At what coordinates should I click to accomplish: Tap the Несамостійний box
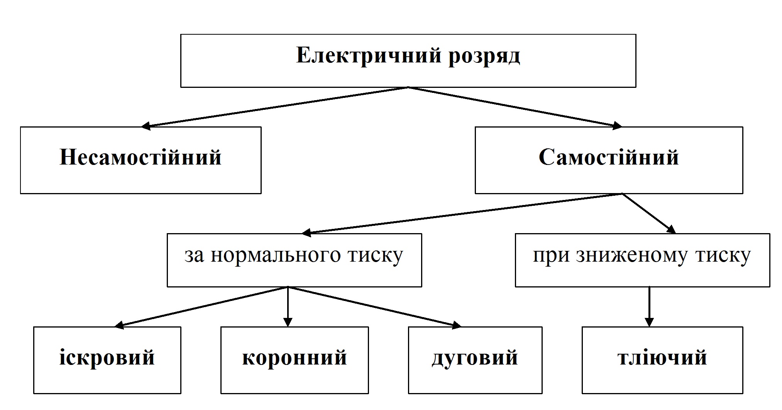click(140, 160)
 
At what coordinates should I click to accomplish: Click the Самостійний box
click(609, 160)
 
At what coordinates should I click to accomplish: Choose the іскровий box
click(107, 360)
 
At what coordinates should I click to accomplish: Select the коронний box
click(295, 360)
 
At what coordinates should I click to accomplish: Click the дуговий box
click(475, 360)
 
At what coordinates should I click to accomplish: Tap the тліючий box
click(662, 360)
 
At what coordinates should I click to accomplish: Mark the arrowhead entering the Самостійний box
click(616, 125)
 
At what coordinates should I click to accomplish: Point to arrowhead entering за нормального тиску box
click(307, 232)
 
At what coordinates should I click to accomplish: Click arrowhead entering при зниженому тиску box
click(671, 230)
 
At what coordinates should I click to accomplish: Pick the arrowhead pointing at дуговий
click(456, 325)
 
